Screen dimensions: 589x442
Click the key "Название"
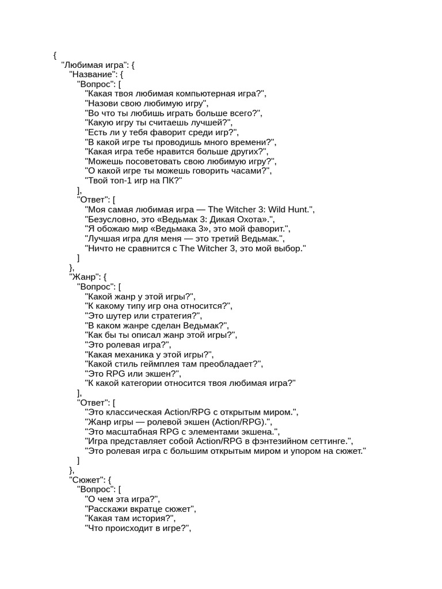(92, 74)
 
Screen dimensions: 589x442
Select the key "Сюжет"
(86, 479)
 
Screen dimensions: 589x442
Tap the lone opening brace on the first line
(54, 55)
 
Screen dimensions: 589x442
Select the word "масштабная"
(132, 431)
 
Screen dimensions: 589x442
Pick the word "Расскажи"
(107, 508)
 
